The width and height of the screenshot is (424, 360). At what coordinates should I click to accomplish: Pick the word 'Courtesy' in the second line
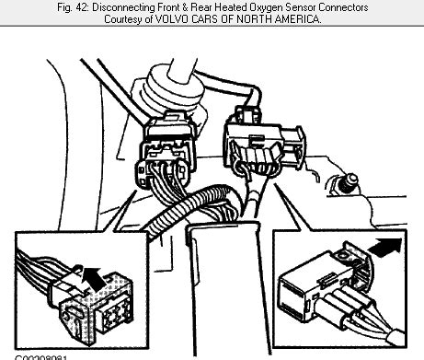128,20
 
